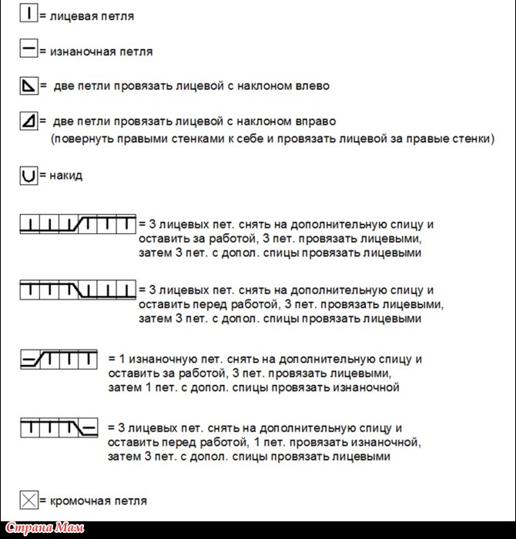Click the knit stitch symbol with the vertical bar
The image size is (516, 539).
tap(28, 15)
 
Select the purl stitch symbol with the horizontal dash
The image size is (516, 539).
tap(28, 50)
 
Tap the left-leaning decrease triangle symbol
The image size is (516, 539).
tap(28, 85)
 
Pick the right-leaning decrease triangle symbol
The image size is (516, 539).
tap(28, 121)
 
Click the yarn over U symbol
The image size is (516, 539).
tap(28, 176)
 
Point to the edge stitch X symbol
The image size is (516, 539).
tap(28, 500)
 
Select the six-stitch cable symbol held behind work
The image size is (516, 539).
tap(78, 225)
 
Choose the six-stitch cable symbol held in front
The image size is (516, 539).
tap(78, 290)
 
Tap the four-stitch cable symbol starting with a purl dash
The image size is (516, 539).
tap(59, 359)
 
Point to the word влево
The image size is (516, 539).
tap(312, 85)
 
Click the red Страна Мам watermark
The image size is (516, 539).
tap(53, 529)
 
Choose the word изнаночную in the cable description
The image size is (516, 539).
tap(153, 359)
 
